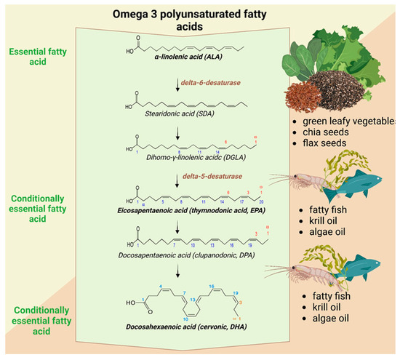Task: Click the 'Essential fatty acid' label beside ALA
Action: (x=35, y=58)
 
